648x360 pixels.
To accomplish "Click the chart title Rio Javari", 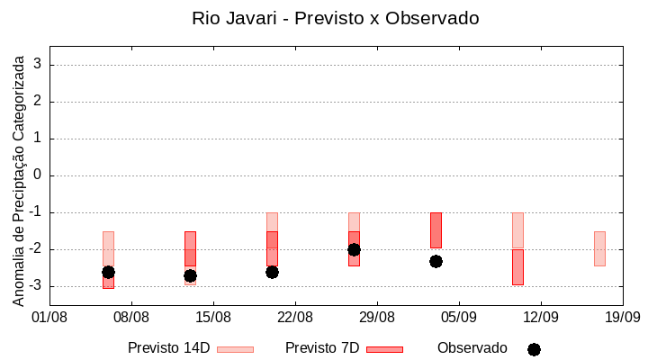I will point(335,18).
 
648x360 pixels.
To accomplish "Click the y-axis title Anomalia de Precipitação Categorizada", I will point(18,178).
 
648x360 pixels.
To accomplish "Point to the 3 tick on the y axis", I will point(39,65).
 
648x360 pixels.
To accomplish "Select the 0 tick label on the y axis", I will point(39,175).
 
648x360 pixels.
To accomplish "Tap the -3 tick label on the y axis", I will point(36,286).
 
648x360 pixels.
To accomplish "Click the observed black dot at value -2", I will point(354,249).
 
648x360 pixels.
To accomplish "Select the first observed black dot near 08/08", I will point(108,272).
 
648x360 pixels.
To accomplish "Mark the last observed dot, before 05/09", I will point(436,261).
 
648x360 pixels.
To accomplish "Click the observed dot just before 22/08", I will point(272,272).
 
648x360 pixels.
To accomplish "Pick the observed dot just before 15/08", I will point(190,275).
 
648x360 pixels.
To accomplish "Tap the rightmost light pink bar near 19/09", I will point(599,248).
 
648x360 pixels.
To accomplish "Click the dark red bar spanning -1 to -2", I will point(436,229).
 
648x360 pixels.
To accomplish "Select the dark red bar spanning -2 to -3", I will point(517,267).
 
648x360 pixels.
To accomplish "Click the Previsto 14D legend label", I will point(169,348).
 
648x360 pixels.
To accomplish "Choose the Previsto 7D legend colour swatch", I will point(384,349).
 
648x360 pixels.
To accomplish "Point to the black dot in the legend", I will point(534,349).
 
